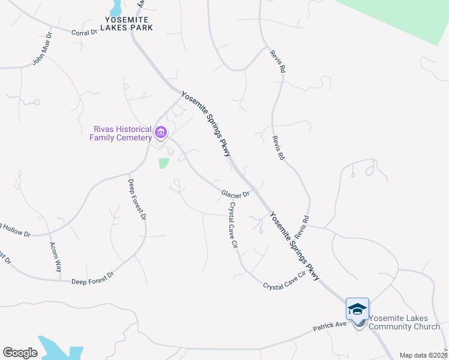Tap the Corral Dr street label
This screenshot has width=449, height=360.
tap(84, 32)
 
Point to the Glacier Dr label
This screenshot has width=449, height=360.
tap(235, 194)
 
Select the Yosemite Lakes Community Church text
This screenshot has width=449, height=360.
tap(404, 322)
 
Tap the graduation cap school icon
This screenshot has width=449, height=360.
tap(357, 309)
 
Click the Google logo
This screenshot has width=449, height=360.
tap(20, 353)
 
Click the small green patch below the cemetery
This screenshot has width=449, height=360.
tap(163, 163)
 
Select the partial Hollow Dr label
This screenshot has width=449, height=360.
tap(14, 229)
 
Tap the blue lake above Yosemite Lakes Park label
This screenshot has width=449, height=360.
tap(116, 7)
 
